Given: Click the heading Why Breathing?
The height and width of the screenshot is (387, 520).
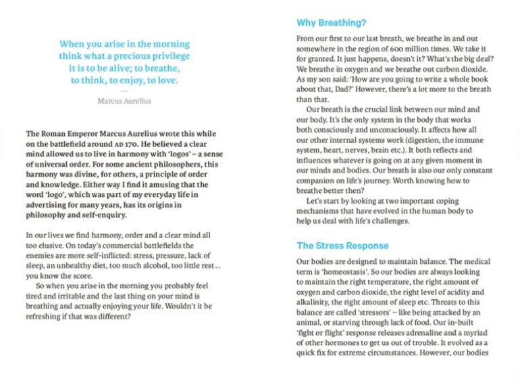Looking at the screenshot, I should (x=331, y=22).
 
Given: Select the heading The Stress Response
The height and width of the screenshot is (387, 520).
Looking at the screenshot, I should (x=342, y=246).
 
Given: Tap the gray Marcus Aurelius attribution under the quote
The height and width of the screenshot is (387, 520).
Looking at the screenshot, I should (x=124, y=101).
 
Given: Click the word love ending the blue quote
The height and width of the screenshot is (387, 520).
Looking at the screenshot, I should (x=165, y=81).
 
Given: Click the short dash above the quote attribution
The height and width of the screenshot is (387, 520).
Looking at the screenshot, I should (x=124, y=91).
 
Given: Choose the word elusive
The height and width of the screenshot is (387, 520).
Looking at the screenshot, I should (x=50, y=246).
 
